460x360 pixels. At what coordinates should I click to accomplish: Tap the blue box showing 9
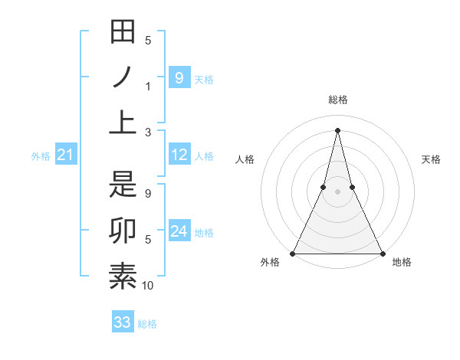click(179, 77)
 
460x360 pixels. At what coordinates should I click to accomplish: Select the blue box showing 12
click(179, 155)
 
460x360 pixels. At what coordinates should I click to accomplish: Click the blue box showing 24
click(179, 231)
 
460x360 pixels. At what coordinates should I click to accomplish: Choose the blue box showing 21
click(65, 155)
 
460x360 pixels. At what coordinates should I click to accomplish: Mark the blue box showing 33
click(122, 322)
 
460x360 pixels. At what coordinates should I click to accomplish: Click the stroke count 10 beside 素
click(148, 286)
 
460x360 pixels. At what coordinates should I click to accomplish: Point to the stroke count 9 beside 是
click(148, 194)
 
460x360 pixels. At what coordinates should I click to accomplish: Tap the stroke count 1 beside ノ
click(148, 86)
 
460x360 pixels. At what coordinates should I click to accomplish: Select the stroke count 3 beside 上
click(148, 132)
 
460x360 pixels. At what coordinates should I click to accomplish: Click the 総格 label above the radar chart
click(337, 100)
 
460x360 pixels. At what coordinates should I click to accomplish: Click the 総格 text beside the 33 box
click(147, 324)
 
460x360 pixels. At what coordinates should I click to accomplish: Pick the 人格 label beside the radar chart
click(245, 159)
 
